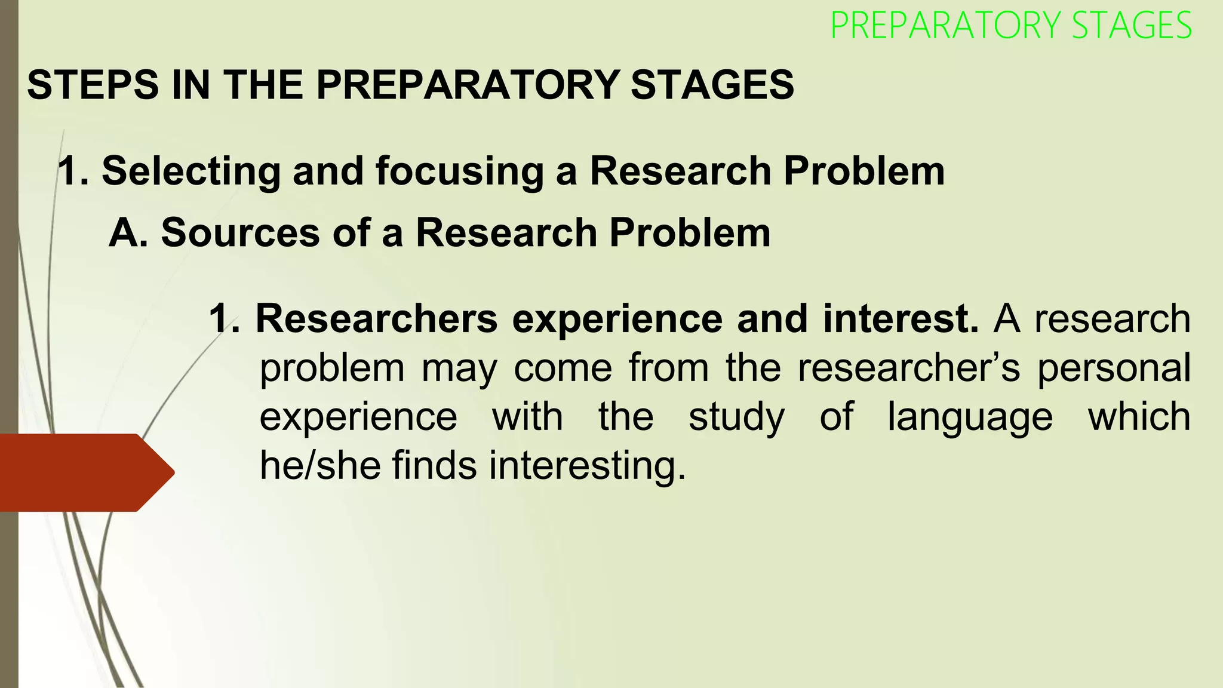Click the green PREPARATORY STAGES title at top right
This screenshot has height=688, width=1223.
[1010, 26]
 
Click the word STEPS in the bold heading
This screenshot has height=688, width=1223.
[93, 85]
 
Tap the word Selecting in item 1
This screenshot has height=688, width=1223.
[191, 171]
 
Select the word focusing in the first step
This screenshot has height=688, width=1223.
[459, 171]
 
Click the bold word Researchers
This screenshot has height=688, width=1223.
[376, 319]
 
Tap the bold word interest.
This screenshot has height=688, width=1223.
[901, 319]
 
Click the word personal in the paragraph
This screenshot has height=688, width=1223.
[1114, 368]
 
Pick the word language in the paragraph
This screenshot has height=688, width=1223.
[970, 417]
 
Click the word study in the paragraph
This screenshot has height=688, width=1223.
[736, 417]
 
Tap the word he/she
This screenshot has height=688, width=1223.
[320, 465]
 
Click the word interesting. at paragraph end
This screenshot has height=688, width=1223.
[588, 465]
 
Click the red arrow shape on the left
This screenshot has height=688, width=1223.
[84, 472]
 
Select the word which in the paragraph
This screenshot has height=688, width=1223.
[1139, 416]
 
